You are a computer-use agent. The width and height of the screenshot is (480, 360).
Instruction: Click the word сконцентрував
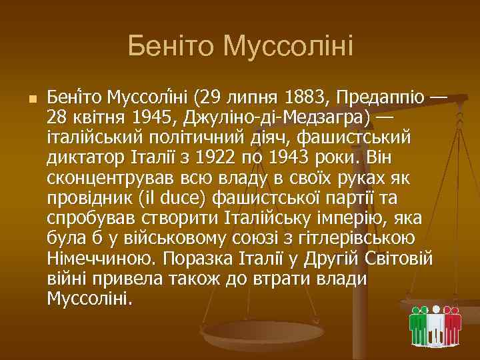[103, 179]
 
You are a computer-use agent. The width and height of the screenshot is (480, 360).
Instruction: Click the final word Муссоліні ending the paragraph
[89, 297]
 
